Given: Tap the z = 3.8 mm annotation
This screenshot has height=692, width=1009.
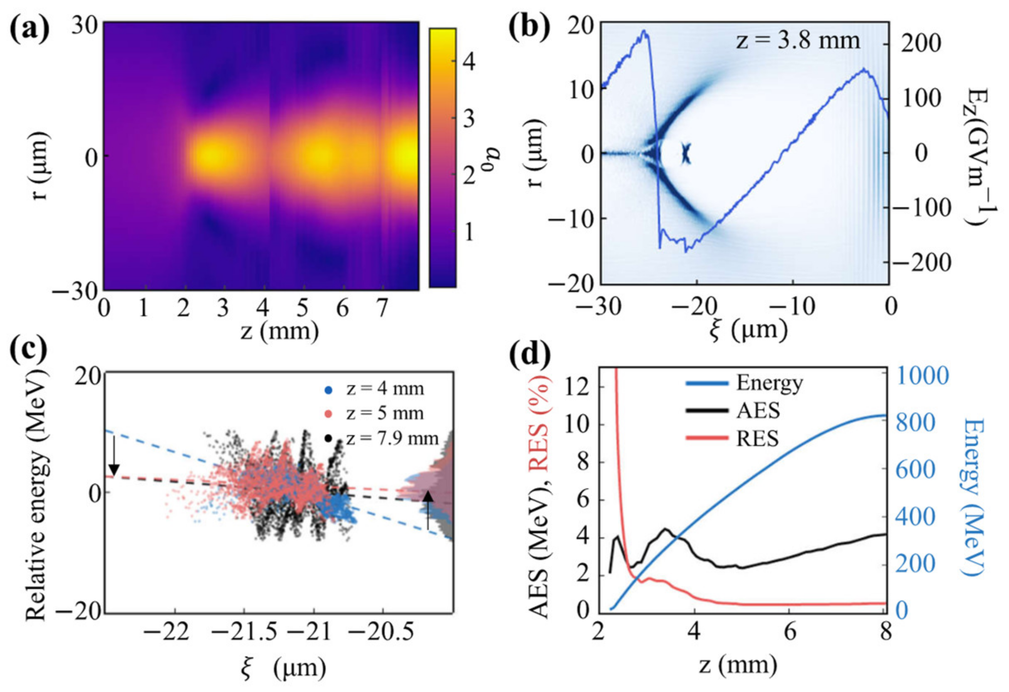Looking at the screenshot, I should [x=797, y=41].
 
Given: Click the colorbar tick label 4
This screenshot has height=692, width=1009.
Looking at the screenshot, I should [x=469, y=62].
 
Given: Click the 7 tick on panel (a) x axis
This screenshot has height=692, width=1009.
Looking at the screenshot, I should [x=381, y=309].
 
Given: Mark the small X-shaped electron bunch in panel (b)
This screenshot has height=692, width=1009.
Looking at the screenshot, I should [x=686, y=154].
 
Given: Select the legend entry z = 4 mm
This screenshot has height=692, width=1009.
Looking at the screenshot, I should [x=385, y=388].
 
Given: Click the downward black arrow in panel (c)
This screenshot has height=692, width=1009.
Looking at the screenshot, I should [x=114, y=456].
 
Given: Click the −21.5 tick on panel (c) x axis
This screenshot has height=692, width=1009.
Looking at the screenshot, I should [x=244, y=634].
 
